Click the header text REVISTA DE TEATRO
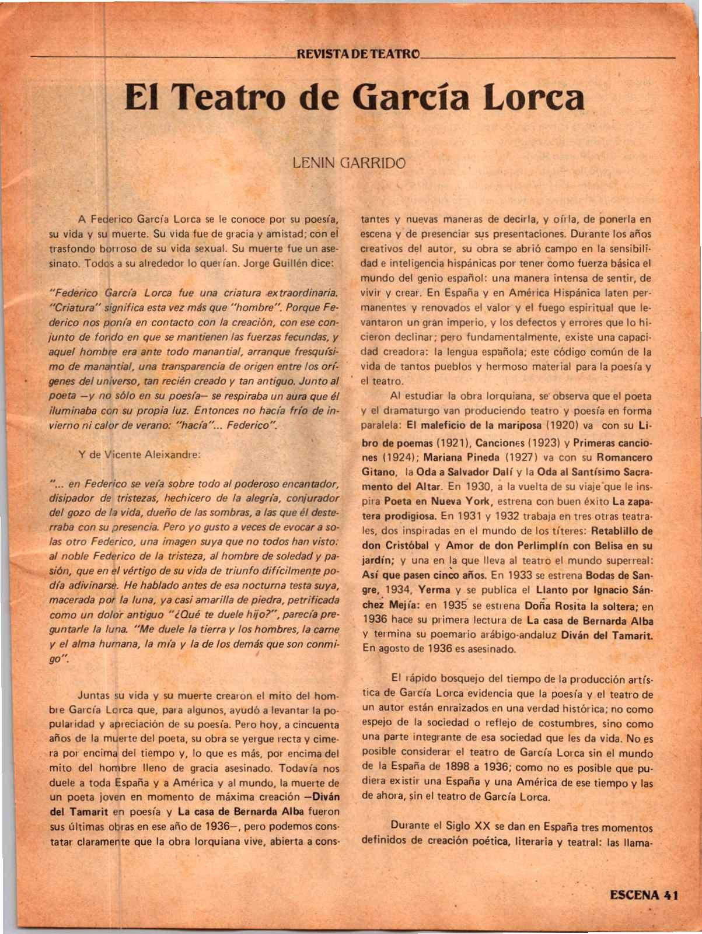click(358, 57)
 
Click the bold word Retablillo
click(622, 531)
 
